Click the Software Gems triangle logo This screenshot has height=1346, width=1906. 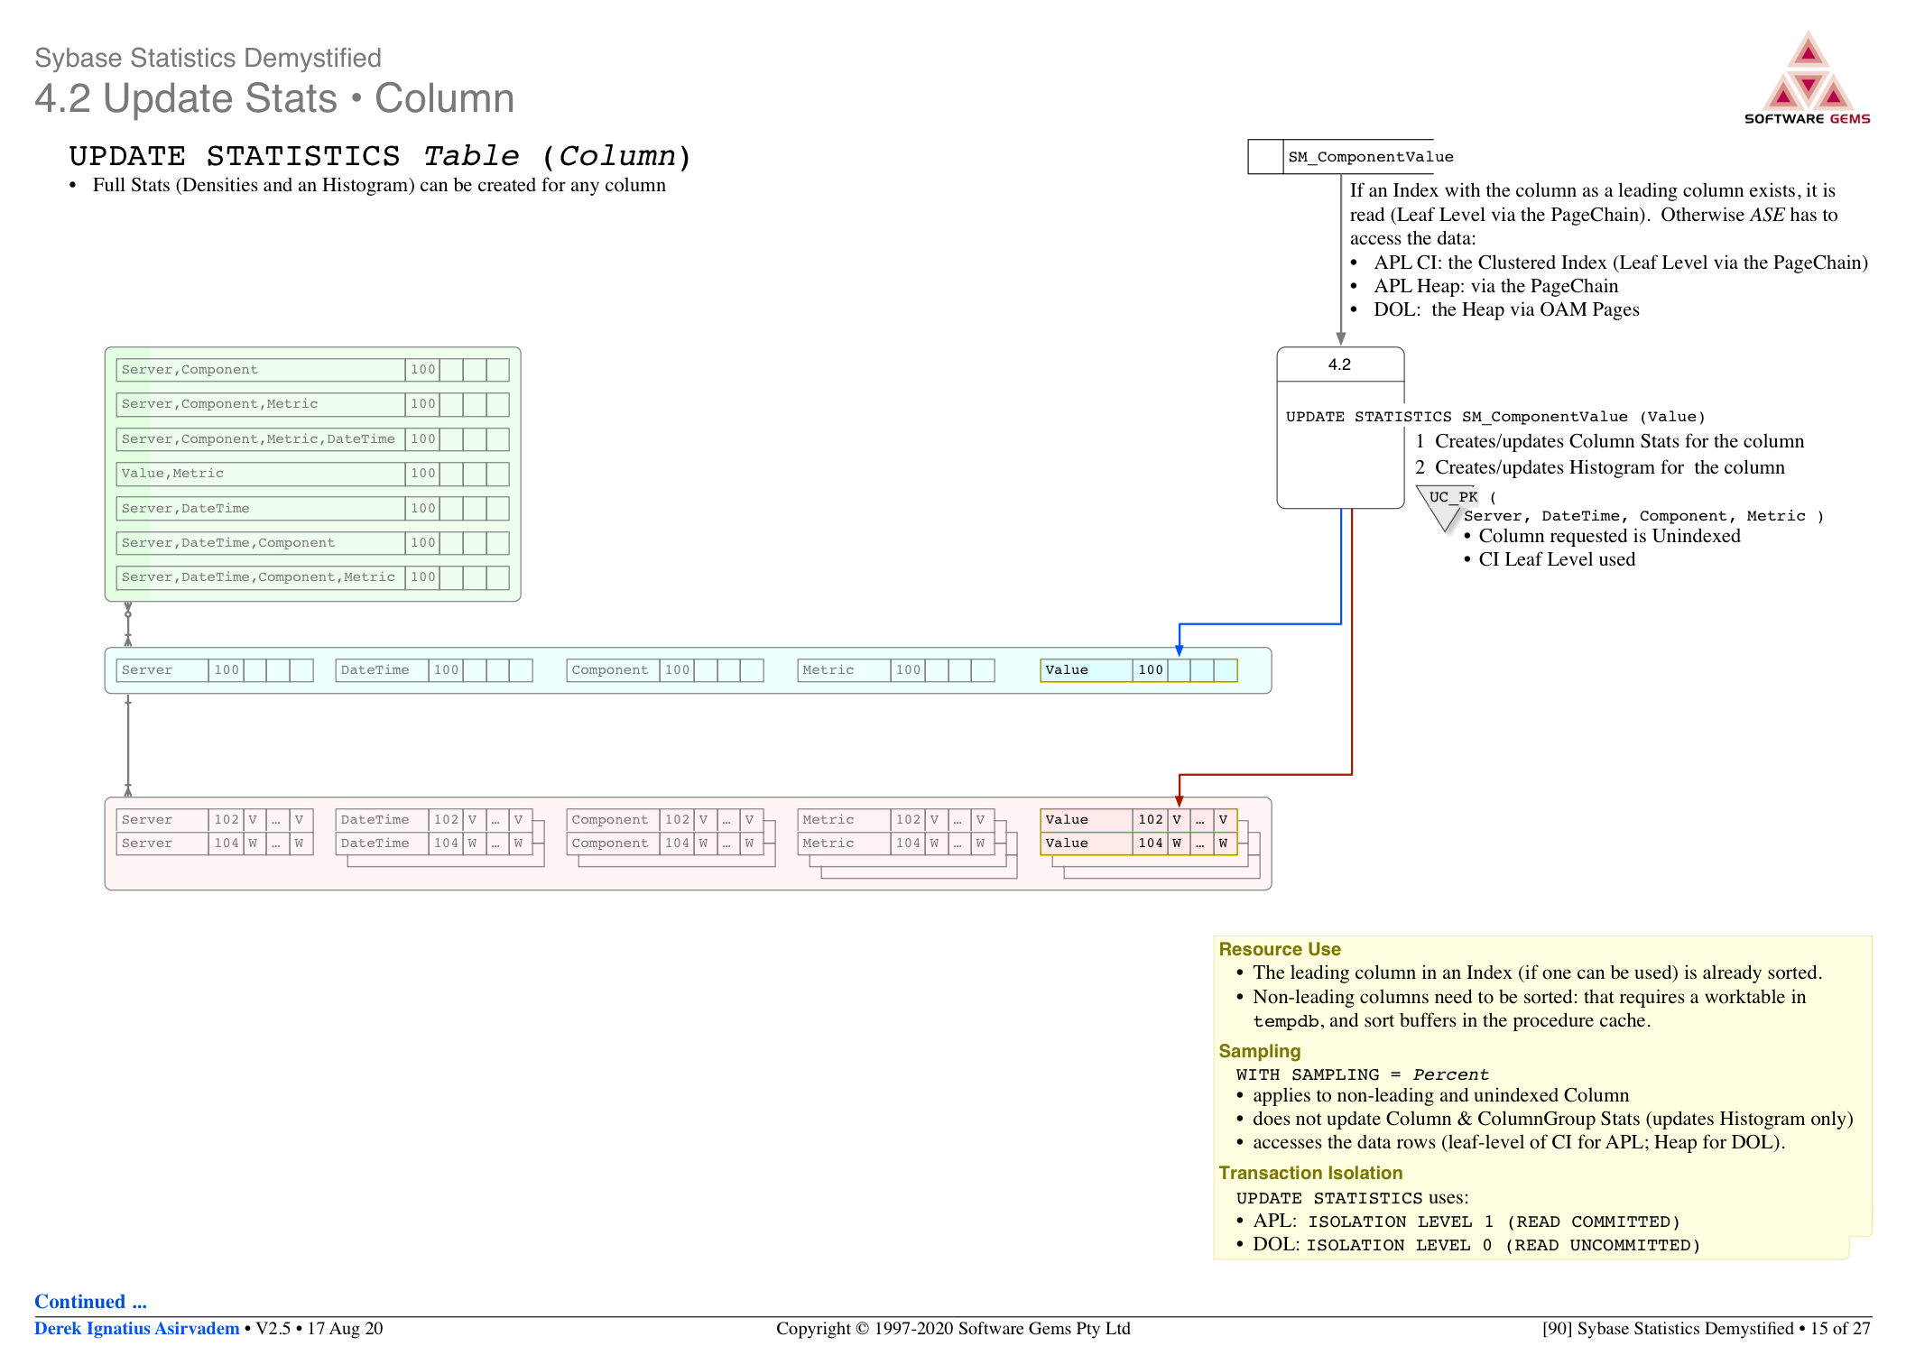[1808, 71]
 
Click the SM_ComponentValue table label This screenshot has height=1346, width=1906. [1370, 157]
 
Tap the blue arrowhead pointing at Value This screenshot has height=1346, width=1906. [1179, 650]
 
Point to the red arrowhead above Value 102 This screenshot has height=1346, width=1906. [1179, 801]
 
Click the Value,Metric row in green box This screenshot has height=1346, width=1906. [312, 474]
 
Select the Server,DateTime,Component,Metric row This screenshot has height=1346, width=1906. [312, 577]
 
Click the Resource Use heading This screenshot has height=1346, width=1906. [1280, 949]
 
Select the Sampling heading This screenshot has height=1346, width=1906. [1259, 1051]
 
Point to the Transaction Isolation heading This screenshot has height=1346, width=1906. [1310, 1173]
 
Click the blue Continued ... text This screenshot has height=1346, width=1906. [90, 1301]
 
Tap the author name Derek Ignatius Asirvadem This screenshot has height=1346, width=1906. [137, 1328]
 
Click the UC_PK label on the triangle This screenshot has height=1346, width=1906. [1453, 497]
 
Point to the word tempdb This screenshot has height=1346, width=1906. [1286, 1021]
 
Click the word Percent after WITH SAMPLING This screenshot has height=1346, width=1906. [1450, 1074]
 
